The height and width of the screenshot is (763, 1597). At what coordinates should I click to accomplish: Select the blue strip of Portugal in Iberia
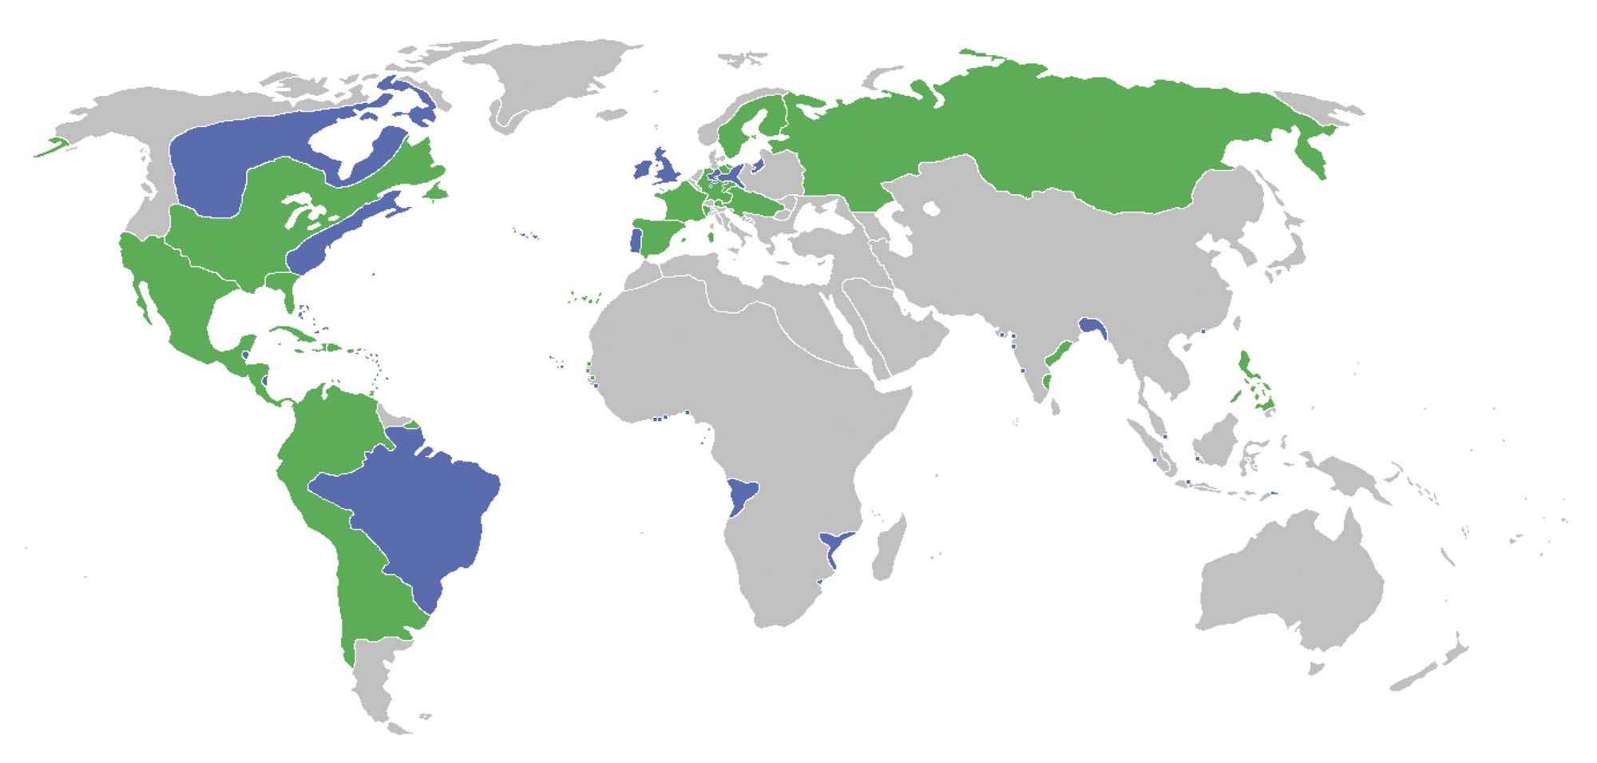point(636,240)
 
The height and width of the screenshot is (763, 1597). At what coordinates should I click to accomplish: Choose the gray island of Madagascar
point(888,547)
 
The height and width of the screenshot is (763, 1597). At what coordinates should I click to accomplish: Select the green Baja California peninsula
point(142,296)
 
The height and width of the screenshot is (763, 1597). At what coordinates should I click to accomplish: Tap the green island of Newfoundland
point(435,193)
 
